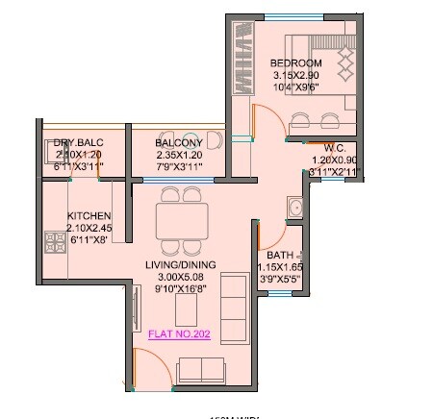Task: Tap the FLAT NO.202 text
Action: (x=180, y=334)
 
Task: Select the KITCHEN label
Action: (x=89, y=215)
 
